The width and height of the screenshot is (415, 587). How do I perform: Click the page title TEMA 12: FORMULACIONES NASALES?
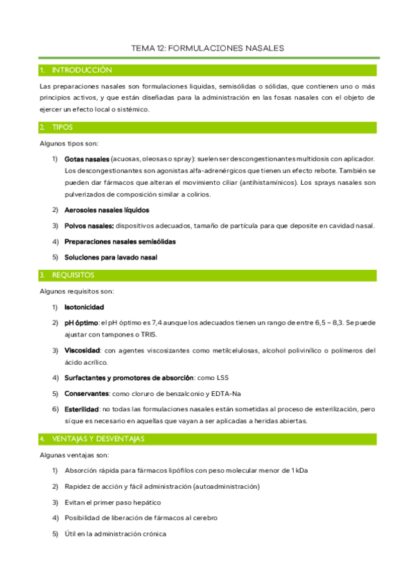point(208,48)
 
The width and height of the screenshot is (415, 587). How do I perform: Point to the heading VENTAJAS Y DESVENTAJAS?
point(98,439)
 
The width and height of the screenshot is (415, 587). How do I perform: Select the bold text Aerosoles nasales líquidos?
point(107,210)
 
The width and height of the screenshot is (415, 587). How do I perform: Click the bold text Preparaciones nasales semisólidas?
point(120,242)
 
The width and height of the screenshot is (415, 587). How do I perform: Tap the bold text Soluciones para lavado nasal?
point(111,258)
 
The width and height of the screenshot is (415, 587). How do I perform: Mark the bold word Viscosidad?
point(82,350)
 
